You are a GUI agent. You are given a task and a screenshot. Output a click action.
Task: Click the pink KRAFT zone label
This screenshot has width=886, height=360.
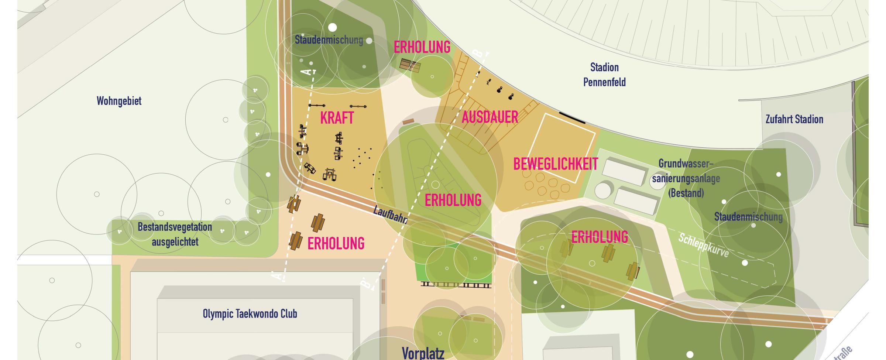click(337, 118)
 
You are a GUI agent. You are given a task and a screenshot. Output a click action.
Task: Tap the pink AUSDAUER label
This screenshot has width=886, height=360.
click(490, 117)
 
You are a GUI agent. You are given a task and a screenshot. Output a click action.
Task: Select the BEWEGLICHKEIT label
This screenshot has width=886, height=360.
click(556, 164)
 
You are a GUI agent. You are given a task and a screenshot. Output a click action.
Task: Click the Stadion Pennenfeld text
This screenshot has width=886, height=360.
click(604, 75)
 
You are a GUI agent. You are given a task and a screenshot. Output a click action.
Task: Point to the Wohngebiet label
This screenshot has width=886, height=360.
click(119, 101)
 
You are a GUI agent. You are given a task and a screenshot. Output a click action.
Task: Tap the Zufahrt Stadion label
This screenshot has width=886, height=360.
click(794, 119)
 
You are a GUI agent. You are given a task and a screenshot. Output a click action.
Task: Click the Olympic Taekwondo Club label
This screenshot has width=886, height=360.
click(250, 314)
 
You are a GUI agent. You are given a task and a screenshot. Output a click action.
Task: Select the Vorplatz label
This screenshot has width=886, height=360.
click(423, 353)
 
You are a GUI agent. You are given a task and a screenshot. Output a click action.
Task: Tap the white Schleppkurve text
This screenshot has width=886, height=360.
click(703, 246)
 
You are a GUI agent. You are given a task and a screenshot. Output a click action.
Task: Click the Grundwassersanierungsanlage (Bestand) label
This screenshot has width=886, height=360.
click(686, 178)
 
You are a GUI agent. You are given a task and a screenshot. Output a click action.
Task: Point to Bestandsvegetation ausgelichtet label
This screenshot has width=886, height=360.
click(175, 234)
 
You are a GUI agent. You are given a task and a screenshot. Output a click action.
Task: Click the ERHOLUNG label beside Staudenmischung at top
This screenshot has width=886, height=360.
click(422, 48)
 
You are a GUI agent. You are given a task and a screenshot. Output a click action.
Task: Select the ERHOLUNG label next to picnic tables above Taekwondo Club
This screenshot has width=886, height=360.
click(336, 244)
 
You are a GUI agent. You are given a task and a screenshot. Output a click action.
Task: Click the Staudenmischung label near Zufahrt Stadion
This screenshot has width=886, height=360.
click(748, 217)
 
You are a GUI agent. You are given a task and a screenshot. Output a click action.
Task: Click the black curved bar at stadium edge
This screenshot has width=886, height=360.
click(572, 117)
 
